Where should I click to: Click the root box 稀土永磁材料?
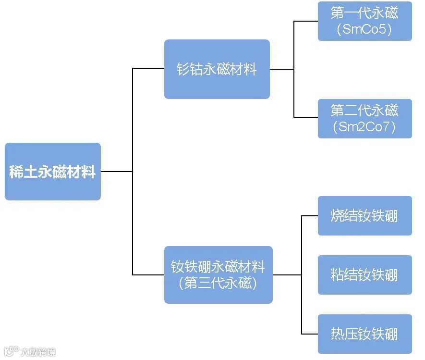click(x=53, y=172)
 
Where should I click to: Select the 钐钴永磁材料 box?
click(x=217, y=69)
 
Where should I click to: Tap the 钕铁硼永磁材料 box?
click(x=218, y=274)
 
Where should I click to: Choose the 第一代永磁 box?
click(x=364, y=21)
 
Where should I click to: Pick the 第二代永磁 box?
click(x=364, y=118)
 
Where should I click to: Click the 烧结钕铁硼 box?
click(x=364, y=216)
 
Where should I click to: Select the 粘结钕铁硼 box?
click(x=364, y=275)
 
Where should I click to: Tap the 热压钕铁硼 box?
click(x=364, y=334)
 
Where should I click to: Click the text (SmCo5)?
click(x=364, y=29)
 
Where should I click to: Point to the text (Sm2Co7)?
click(x=364, y=127)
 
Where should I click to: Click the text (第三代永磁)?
click(x=218, y=283)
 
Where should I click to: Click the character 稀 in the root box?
click(x=16, y=172)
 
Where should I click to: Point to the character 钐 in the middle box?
click(x=184, y=70)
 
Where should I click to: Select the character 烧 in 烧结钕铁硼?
click(x=338, y=216)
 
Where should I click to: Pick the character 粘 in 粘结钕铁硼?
click(x=338, y=275)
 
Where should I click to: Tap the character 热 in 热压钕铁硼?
click(x=338, y=334)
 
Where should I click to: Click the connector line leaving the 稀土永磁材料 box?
click(x=116, y=172)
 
